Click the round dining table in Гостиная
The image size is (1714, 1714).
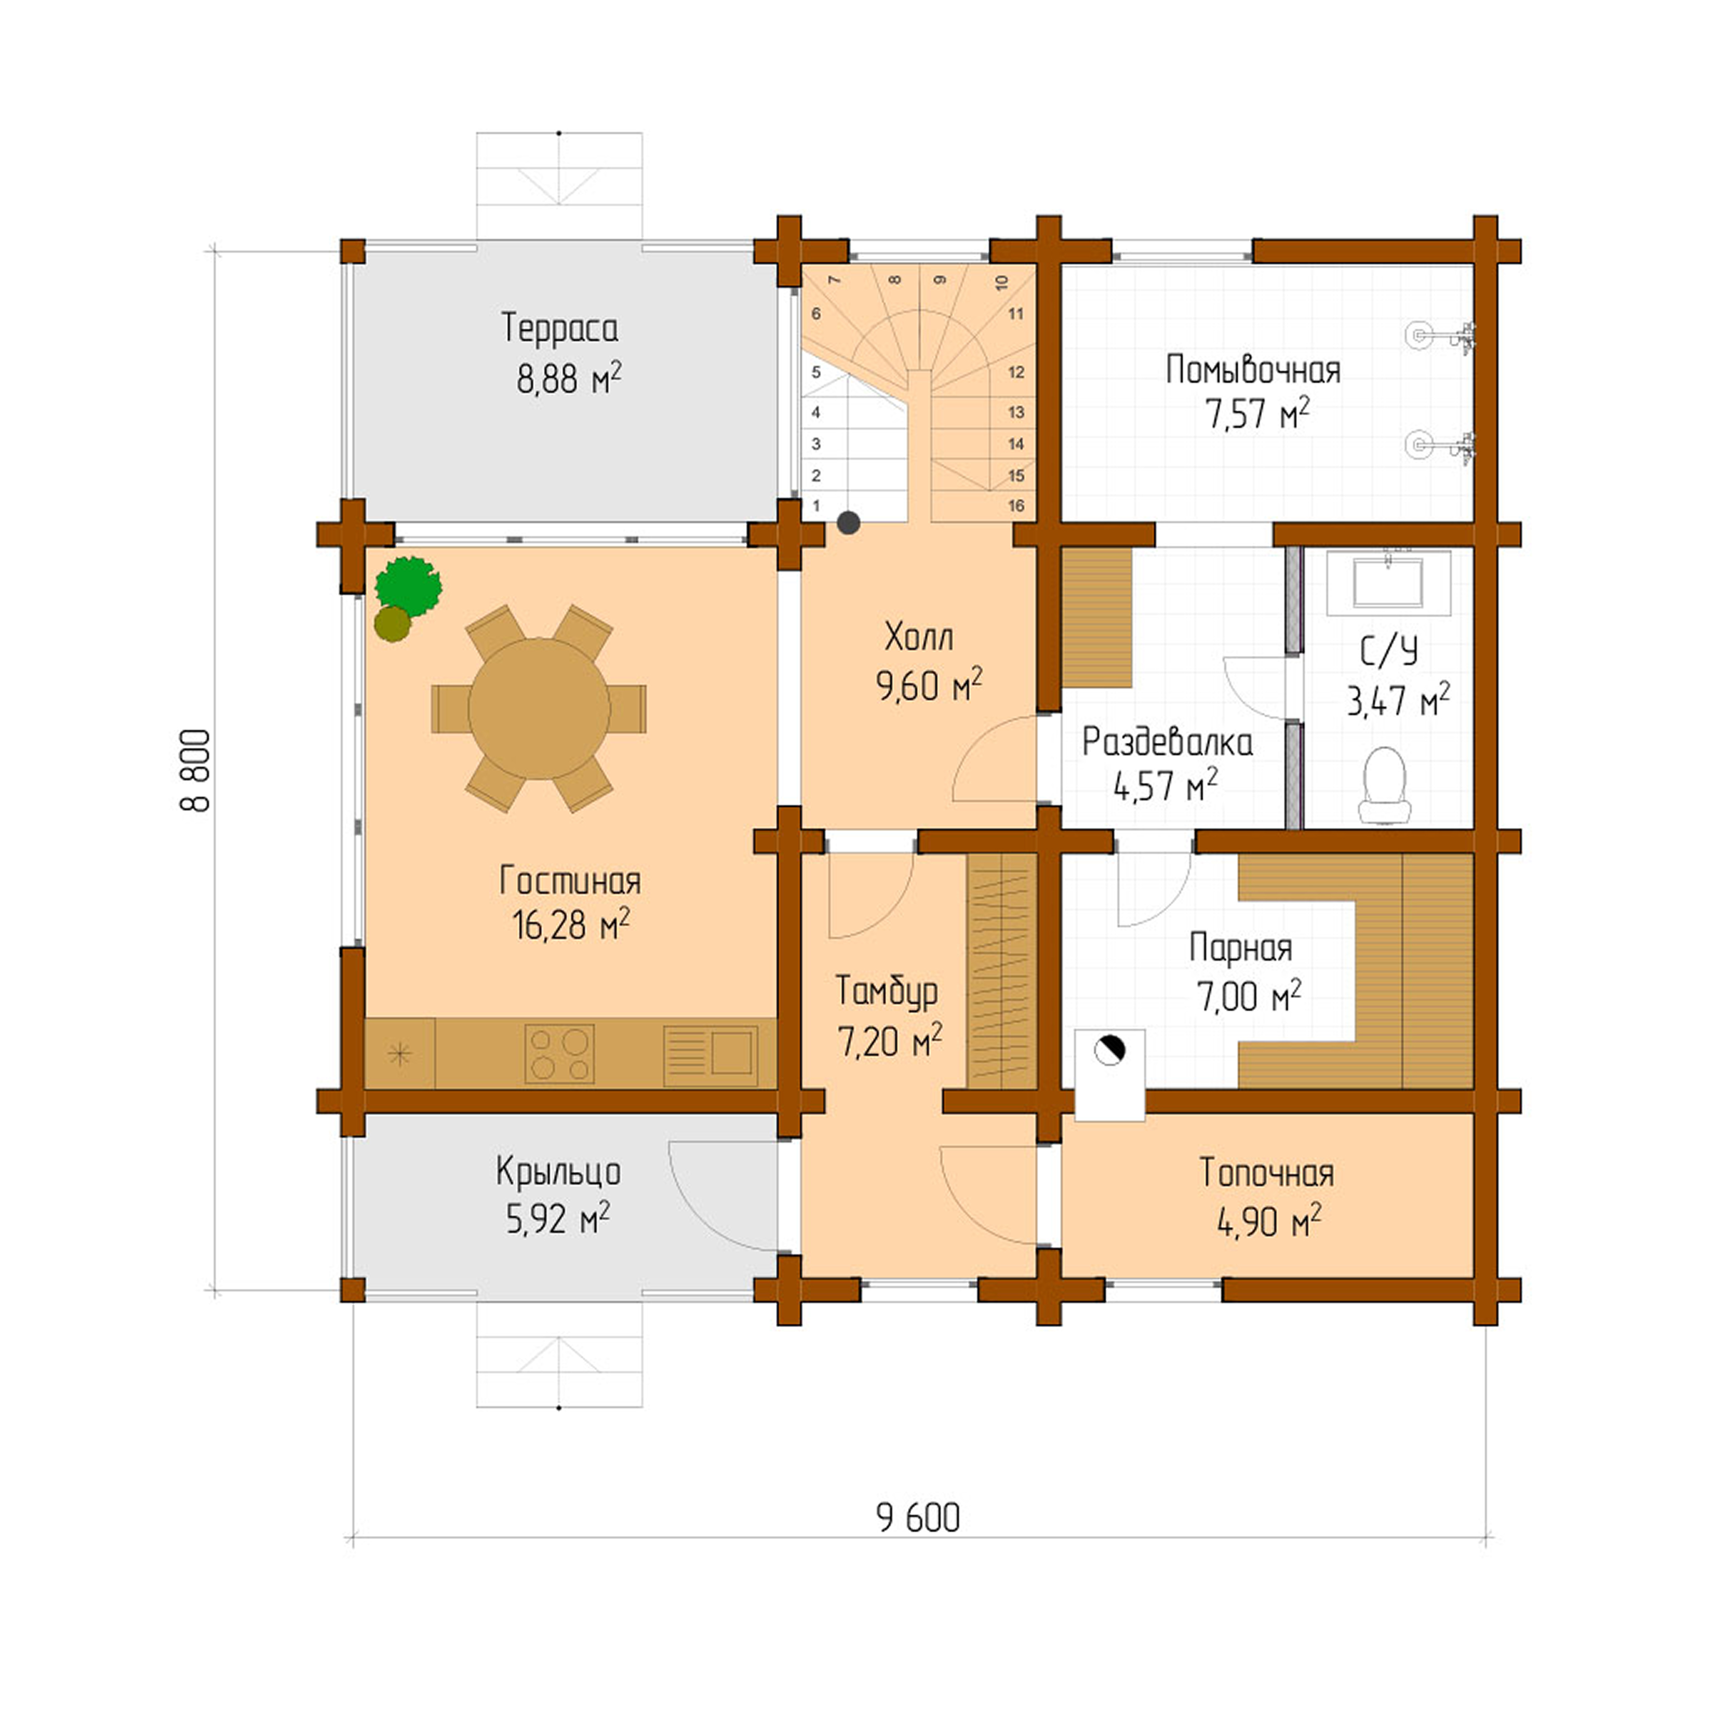click(x=539, y=708)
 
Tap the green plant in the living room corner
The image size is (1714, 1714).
click(x=408, y=585)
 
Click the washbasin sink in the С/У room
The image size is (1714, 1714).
click(x=1388, y=583)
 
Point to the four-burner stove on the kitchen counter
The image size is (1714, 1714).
click(x=559, y=1054)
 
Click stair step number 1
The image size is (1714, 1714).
click(x=816, y=506)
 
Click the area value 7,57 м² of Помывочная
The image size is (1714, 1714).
click(x=1256, y=415)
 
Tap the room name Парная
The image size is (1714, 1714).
click(x=1240, y=948)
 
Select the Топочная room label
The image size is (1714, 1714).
click(x=1266, y=1173)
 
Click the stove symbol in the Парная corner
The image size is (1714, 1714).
click(x=1109, y=1051)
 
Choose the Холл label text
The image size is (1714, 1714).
click(x=919, y=637)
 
